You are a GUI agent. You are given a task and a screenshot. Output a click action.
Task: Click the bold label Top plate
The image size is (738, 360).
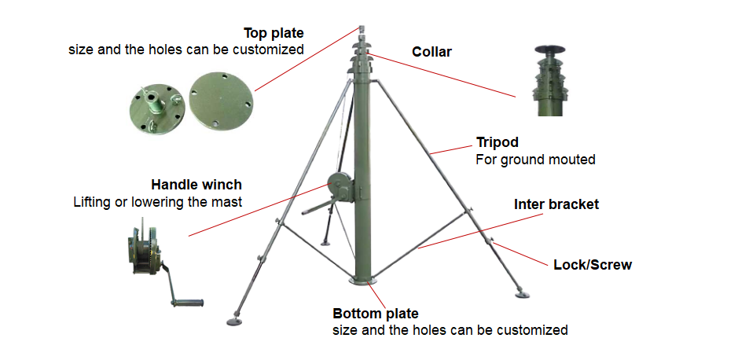[x=274, y=33]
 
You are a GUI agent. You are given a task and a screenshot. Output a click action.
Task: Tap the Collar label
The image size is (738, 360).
[x=431, y=53]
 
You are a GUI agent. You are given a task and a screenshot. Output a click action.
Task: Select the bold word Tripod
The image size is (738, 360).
[x=498, y=143]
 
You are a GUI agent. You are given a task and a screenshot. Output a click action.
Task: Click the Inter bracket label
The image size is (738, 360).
[x=556, y=204]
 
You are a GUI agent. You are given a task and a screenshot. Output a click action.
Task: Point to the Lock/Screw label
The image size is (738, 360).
[x=593, y=265]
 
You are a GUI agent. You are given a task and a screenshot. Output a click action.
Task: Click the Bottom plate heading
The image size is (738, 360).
[x=376, y=313]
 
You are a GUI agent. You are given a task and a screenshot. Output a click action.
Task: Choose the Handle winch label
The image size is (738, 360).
[x=196, y=185]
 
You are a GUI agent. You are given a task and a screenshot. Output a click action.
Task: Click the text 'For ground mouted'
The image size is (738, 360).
[x=535, y=160]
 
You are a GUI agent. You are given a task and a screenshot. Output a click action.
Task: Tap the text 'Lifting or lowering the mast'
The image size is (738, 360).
[x=157, y=202]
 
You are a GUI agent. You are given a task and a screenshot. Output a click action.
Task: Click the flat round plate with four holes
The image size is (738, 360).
[x=222, y=98]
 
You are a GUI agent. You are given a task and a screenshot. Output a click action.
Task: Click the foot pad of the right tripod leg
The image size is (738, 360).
[x=521, y=294]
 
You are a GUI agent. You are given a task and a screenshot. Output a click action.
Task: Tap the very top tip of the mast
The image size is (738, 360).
[x=362, y=29]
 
